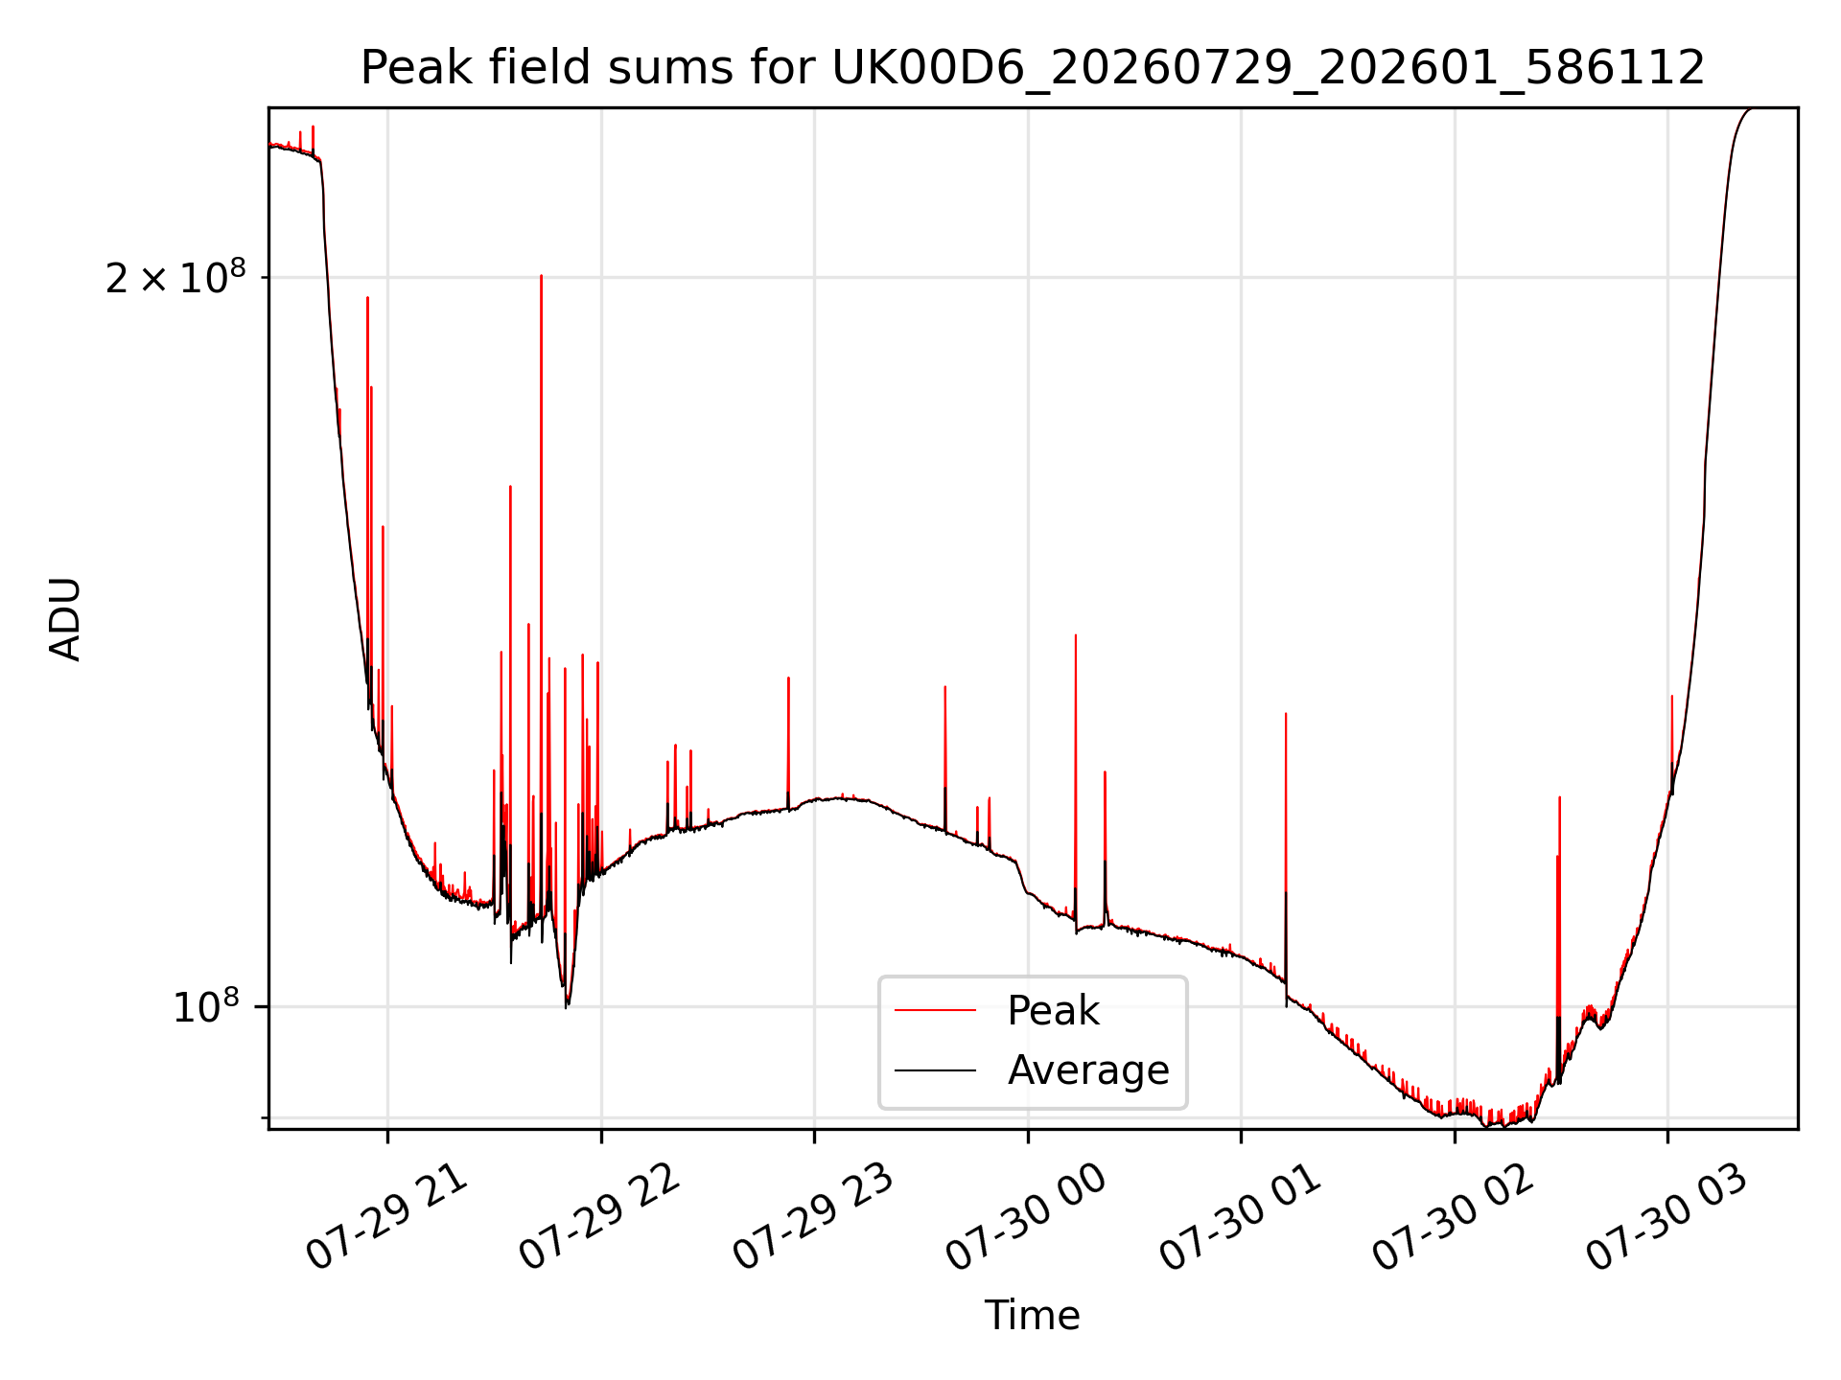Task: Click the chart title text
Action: [x=1033, y=68]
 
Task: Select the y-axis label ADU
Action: [x=66, y=619]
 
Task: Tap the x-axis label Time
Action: [x=1033, y=1316]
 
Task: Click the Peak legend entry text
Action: [x=1053, y=1011]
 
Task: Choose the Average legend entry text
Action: [x=1088, y=1070]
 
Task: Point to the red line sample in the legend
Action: [x=936, y=1010]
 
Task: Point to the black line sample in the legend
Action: [x=936, y=1069]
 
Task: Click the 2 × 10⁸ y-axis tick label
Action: [x=175, y=278]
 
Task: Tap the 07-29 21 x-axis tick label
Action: [x=386, y=1218]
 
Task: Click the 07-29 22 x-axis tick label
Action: [x=599, y=1218]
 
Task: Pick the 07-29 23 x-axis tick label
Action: [x=813, y=1218]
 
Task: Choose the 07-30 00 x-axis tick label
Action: [x=1026, y=1218]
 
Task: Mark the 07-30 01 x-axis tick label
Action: [x=1240, y=1218]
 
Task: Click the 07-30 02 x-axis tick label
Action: [x=1453, y=1218]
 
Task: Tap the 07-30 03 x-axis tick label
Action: [x=1666, y=1218]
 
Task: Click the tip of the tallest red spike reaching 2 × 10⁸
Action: [x=541, y=276]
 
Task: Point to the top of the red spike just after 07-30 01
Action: [x=1286, y=714]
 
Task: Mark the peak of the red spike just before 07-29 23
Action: [x=788, y=678]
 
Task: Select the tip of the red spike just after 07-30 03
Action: [x=1671, y=697]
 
